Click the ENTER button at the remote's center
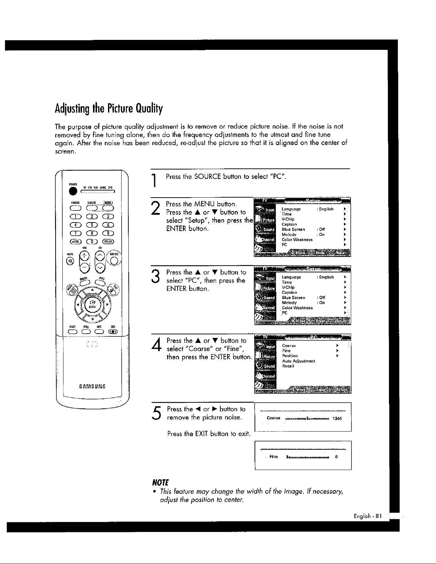point(92,304)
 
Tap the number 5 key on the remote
point(92,224)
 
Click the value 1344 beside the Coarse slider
point(337,418)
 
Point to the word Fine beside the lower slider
point(273,457)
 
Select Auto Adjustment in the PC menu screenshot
point(298,361)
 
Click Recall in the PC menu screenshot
point(288,366)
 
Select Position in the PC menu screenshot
point(290,356)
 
